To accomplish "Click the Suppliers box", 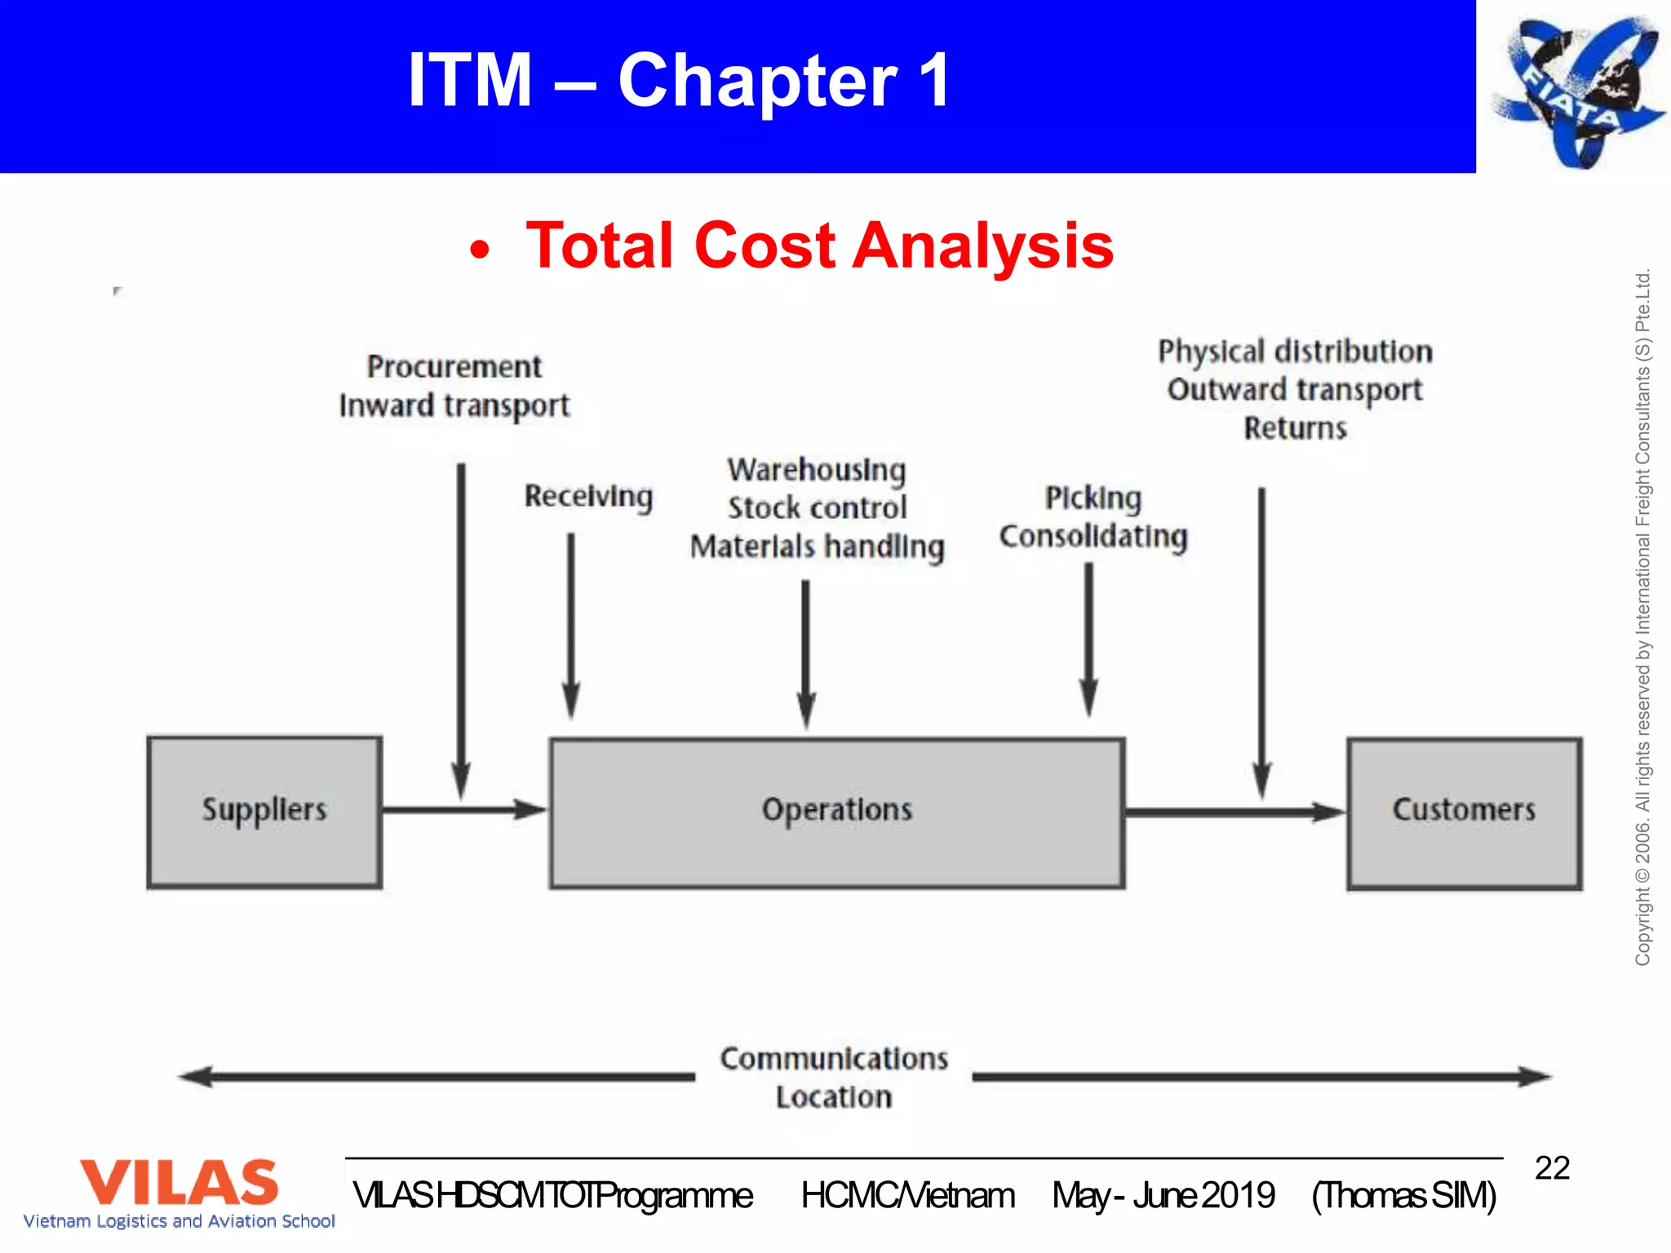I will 264,812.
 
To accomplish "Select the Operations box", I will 836,812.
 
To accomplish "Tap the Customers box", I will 1464,812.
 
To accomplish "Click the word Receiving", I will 588,496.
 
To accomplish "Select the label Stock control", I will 817,507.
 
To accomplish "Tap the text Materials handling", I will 817,547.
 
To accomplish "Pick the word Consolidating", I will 1093,537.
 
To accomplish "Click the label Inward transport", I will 454,405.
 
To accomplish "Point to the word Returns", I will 1295,428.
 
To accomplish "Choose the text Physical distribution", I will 1295,352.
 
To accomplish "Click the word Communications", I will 834,1059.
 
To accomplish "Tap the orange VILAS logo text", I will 179,1182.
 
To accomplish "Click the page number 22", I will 1552,1168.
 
